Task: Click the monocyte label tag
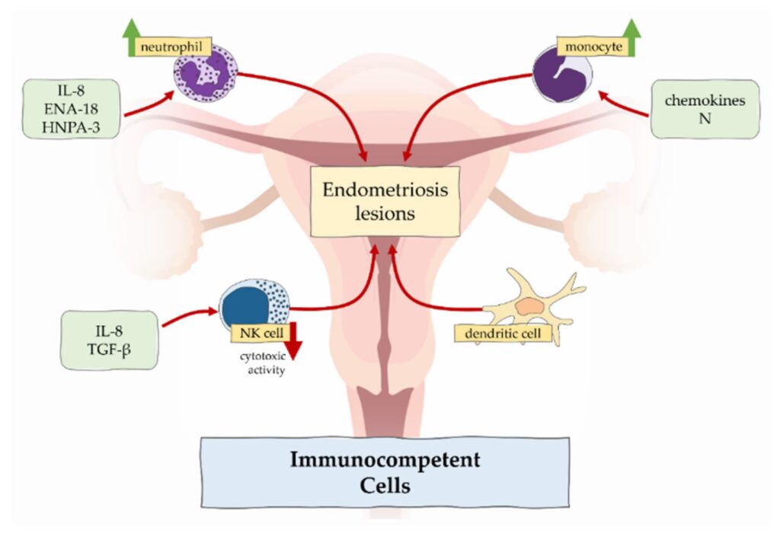(591, 47)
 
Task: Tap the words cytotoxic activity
(261, 365)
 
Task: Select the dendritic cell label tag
(502, 333)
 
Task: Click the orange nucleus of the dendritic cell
(526, 306)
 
